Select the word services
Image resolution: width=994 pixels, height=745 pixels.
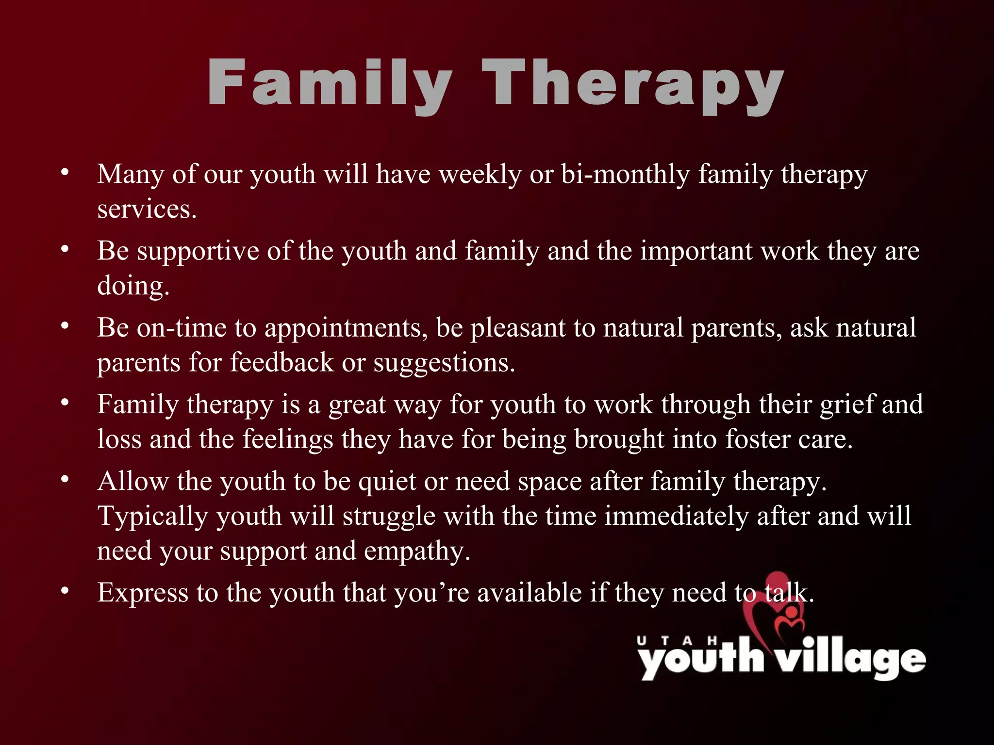[x=147, y=210]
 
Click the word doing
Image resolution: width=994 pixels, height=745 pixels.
[x=133, y=286]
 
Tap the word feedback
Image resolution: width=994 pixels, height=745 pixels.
[x=282, y=362]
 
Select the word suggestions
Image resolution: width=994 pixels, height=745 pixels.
[x=444, y=363]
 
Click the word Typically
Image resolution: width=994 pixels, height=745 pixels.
[x=152, y=516]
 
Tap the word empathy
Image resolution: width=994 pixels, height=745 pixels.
[x=417, y=551]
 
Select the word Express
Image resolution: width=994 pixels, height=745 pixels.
[x=143, y=593]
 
